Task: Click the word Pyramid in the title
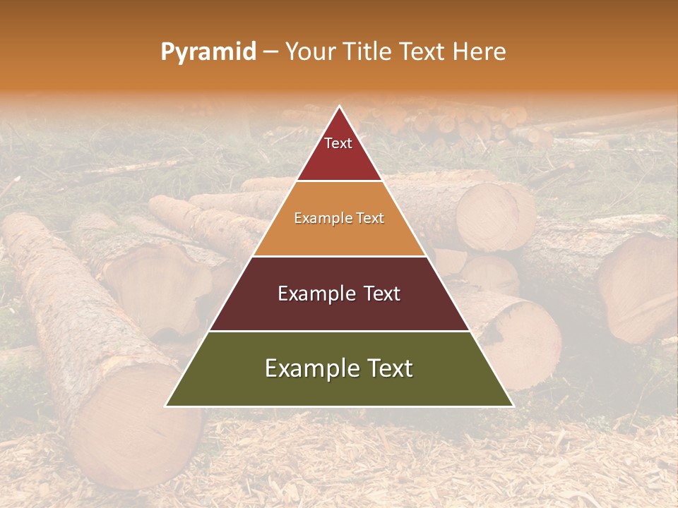[208, 52]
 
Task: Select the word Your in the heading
[311, 52]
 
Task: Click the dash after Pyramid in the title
[270, 52]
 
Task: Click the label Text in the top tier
[338, 143]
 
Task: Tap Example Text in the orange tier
[339, 218]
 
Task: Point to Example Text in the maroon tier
[339, 294]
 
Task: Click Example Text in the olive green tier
[339, 368]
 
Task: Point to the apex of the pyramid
[340, 107]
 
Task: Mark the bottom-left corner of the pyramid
[166, 406]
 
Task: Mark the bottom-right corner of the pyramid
[513, 406]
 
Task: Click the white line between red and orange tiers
[339, 181]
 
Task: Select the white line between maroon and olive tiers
[339, 331]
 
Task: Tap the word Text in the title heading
[422, 52]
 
